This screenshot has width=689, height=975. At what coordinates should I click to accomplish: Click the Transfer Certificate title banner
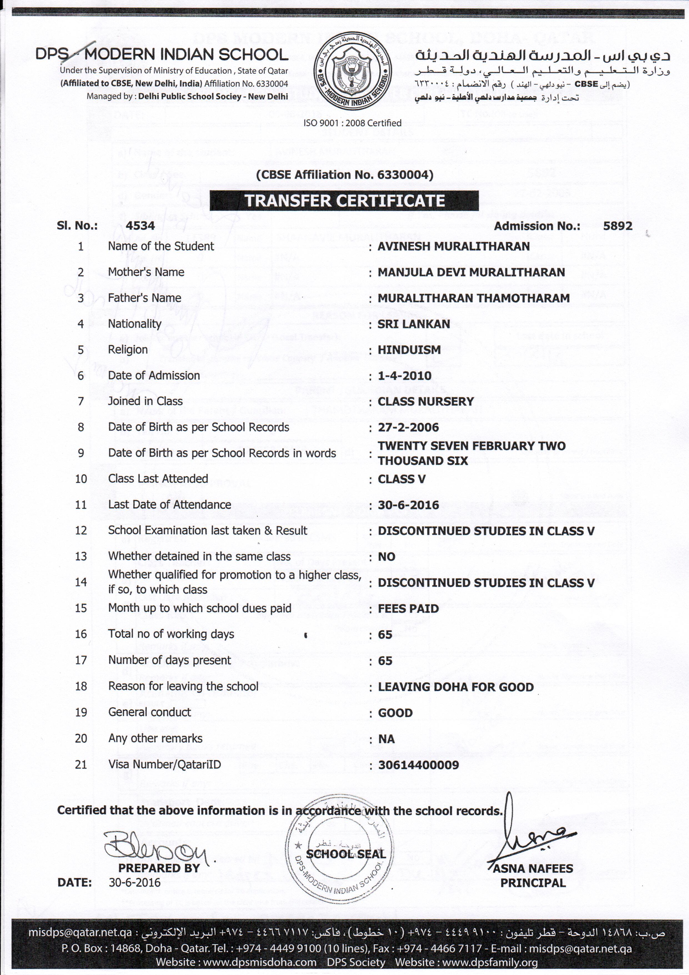(344, 201)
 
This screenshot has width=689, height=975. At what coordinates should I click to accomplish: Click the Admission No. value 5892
(617, 226)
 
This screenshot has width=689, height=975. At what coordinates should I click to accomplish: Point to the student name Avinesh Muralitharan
(454, 247)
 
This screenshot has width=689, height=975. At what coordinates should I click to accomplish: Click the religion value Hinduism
(409, 350)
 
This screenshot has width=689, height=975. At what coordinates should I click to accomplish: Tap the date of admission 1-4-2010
(404, 376)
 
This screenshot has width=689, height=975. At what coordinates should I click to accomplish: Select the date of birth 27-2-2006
(408, 428)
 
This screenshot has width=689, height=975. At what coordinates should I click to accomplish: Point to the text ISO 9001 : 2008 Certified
(352, 123)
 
